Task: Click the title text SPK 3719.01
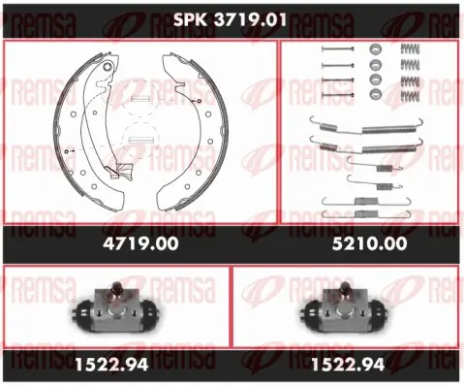click(230, 20)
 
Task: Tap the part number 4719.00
click(140, 243)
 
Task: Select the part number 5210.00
click(370, 243)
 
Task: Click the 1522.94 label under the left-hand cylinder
click(111, 365)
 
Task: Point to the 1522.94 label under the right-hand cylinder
click(348, 365)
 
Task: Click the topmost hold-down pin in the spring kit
click(338, 49)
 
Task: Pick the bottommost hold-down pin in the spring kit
click(338, 95)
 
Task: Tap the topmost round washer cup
click(376, 49)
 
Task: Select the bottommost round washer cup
click(376, 94)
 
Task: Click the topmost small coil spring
click(410, 48)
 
